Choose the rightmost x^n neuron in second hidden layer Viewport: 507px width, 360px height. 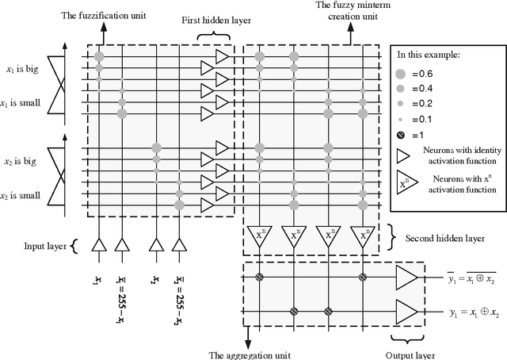click(x=364, y=236)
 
